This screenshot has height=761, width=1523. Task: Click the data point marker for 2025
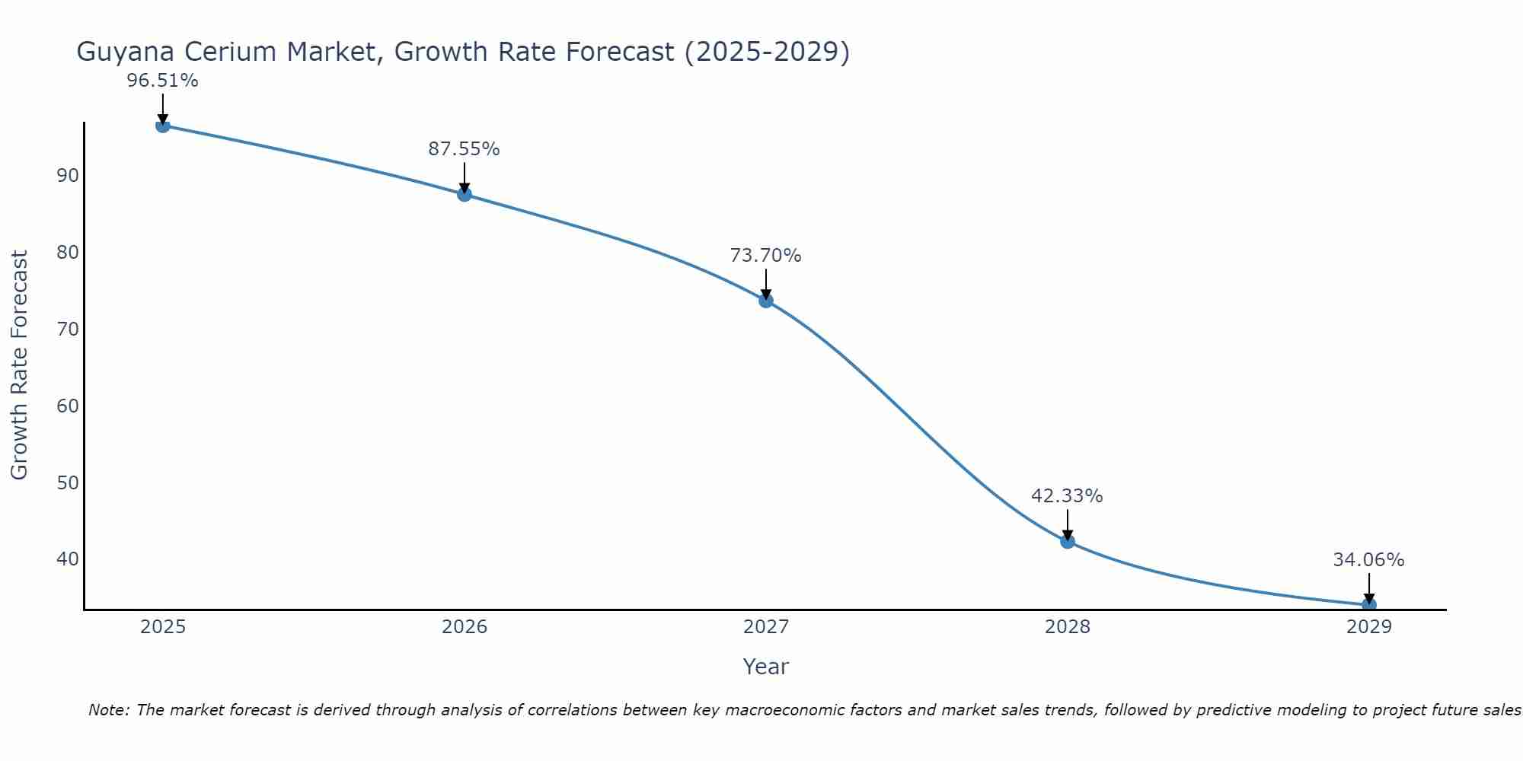tap(163, 126)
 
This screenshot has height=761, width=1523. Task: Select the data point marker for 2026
tap(465, 194)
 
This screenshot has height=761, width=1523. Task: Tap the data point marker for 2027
tap(766, 301)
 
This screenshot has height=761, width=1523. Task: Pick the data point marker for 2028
tap(1068, 541)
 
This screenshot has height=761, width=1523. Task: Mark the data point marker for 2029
tap(1369, 605)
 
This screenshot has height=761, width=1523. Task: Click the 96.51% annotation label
tap(162, 81)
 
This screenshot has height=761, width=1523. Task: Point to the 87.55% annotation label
tap(464, 149)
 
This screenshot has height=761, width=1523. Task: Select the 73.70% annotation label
tap(765, 256)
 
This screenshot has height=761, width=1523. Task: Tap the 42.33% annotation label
tap(1067, 496)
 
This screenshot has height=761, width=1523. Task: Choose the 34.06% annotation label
tap(1368, 560)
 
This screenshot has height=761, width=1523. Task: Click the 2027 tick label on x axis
tap(766, 627)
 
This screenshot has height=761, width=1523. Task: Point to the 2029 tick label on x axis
tap(1369, 627)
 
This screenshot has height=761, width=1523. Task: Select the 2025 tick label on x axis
tap(163, 627)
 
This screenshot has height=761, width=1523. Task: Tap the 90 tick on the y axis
tap(68, 176)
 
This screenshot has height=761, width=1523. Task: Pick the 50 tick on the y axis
tap(68, 482)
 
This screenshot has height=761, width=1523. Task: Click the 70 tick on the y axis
tap(68, 330)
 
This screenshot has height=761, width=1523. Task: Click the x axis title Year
tap(765, 667)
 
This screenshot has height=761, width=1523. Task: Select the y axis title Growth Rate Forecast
tap(19, 365)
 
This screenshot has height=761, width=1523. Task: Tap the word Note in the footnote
tap(109, 710)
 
